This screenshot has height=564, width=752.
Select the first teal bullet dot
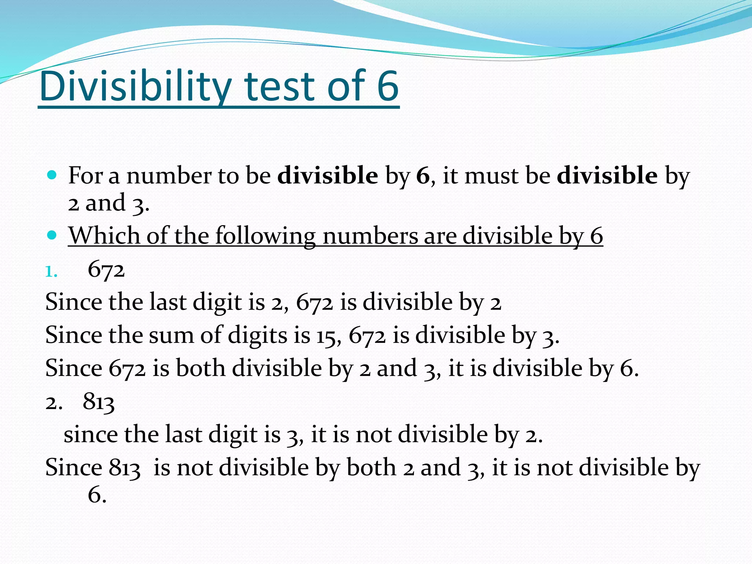point(52,175)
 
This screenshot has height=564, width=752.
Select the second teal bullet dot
point(52,235)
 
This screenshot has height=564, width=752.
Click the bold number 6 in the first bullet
point(423,176)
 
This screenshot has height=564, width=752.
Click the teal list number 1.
point(51,272)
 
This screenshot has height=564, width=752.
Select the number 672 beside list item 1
point(106,270)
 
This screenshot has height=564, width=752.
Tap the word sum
point(171,335)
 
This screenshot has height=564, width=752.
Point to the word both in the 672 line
point(200,368)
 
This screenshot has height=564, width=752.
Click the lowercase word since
point(91,435)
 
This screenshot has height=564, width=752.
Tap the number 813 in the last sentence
point(124,468)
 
